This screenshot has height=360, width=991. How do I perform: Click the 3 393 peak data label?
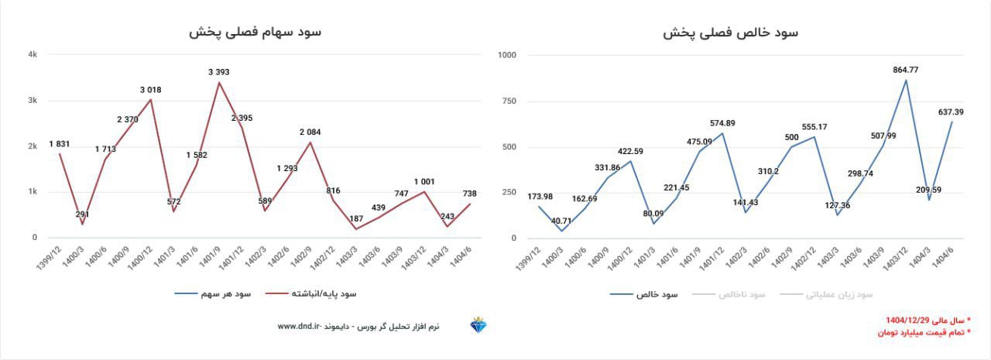219,72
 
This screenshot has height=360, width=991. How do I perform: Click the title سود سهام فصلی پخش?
255,32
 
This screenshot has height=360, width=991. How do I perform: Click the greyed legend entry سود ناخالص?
740,294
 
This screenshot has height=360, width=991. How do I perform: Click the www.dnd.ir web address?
298,327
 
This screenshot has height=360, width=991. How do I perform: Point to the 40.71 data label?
561,221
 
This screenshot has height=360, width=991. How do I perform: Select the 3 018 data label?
151,90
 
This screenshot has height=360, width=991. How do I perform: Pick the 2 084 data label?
311,132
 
